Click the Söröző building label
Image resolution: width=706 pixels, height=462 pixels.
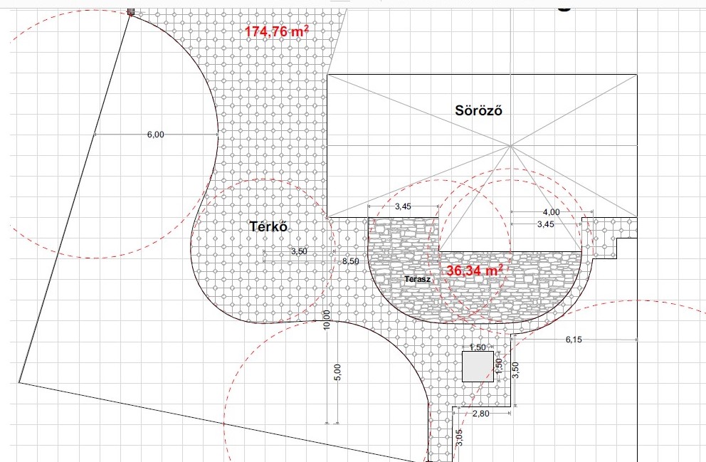coord(478,110)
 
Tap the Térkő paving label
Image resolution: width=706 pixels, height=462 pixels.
coord(268,226)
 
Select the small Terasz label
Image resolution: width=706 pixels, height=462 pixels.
coord(417,279)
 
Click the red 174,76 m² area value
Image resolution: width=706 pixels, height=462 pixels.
coord(276,31)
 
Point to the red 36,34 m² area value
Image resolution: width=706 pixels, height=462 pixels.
coord(475,271)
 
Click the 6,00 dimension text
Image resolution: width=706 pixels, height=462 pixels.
coord(156,135)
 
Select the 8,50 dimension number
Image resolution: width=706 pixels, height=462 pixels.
coord(351,261)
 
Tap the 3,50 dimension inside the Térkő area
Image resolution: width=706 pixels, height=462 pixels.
coord(299,251)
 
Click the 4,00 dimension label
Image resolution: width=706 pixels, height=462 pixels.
coord(551,211)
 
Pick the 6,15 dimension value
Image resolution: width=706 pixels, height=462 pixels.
coord(574,340)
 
